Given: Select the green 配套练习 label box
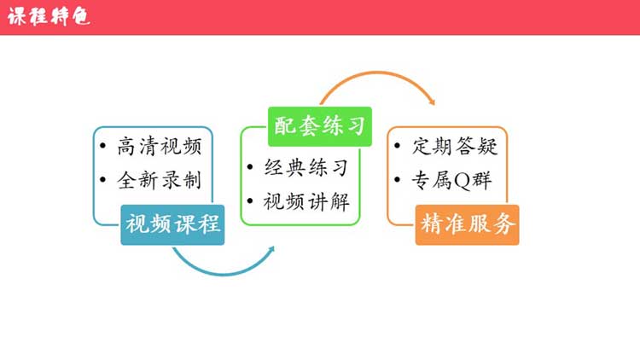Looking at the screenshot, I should (320, 125).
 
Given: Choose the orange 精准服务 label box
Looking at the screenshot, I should (468, 224).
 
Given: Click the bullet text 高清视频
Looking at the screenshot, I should (160, 147).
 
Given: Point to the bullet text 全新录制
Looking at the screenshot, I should (160, 180).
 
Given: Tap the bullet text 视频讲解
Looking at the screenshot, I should (306, 202).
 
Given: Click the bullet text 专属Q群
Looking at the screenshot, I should (453, 180).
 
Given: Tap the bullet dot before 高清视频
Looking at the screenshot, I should (103, 147).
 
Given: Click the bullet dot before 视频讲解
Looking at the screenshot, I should (250, 202).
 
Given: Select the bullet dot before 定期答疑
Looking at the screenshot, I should (399, 147).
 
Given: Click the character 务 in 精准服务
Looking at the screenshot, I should (504, 224).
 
